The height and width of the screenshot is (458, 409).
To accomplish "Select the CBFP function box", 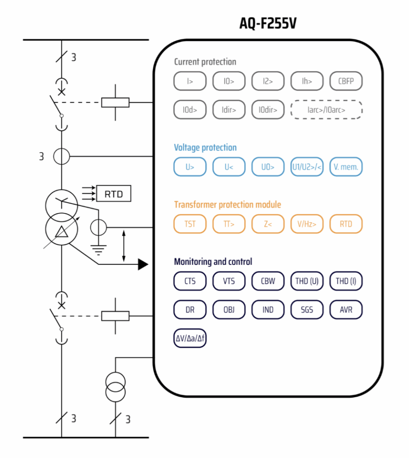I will point(346,81).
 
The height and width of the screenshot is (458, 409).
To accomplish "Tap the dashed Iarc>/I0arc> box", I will point(326,109).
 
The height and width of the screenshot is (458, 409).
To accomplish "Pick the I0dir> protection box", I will point(268,109).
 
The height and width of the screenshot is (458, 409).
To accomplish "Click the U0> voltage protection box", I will point(268,167).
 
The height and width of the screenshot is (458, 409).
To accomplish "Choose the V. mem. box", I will point(346,167).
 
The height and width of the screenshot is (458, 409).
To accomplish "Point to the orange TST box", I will point(190,224).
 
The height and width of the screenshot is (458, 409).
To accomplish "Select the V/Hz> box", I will point(307,224).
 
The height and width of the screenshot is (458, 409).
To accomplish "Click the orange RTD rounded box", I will point(346,224).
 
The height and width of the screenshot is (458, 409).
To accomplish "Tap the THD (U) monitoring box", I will point(307,281).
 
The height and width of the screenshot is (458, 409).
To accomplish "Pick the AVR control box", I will point(346,310).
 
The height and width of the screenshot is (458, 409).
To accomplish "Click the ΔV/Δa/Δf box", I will point(190,338).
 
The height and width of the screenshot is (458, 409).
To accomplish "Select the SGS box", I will point(307,310).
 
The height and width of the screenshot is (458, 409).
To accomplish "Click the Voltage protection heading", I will point(205,148).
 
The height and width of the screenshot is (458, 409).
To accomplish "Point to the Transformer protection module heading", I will point(228,205).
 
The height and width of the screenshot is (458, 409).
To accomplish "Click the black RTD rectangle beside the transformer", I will point(114,194).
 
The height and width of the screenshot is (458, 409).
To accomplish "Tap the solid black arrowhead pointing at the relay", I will point(143,264).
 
